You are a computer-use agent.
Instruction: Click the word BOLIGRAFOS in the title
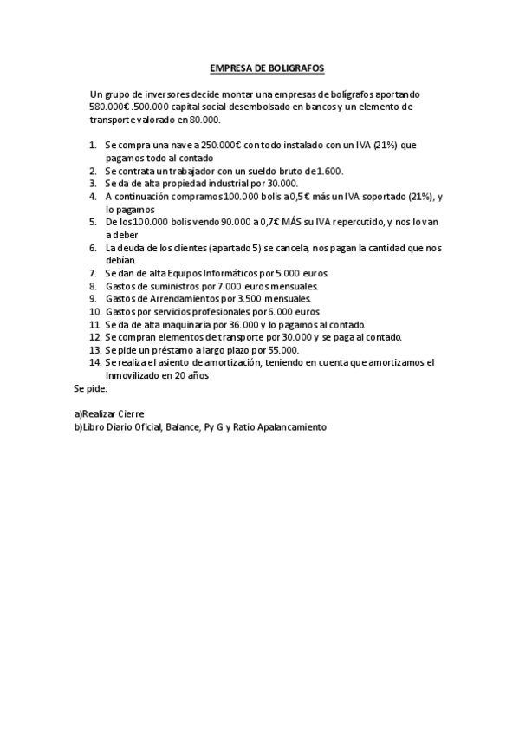pos(293,68)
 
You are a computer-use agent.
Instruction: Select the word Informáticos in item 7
pos(242,273)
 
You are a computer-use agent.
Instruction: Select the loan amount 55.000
pos(264,350)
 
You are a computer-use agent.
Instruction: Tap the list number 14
pos(94,362)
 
